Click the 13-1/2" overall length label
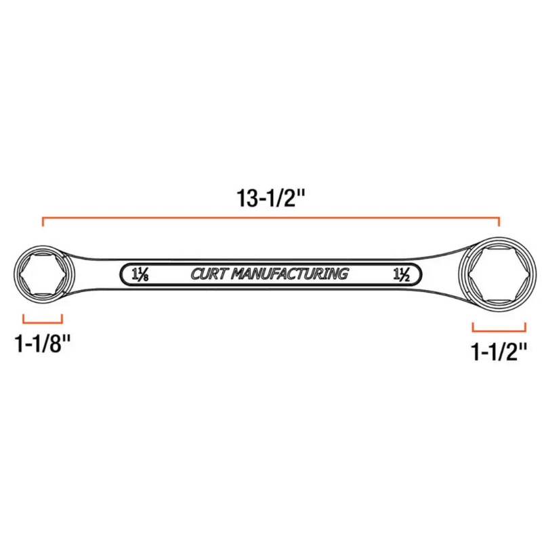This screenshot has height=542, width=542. pyautogui.click(x=271, y=199)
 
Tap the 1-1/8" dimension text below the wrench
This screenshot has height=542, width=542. pyautogui.click(x=43, y=344)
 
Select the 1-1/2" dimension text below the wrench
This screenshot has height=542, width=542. pyautogui.click(x=499, y=352)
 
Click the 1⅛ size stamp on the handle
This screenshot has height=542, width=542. pyautogui.click(x=140, y=275)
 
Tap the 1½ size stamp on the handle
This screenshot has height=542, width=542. pyautogui.click(x=400, y=275)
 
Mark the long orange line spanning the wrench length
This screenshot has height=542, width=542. pyautogui.click(x=271, y=218)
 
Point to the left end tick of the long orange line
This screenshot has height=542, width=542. pyautogui.click(x=43, y=222)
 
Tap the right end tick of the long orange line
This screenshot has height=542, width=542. pyautogui.click(x=499, y=222)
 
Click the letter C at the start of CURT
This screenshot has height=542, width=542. pyautogui.click(x=195, y=274)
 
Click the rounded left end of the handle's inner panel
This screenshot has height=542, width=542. pyautogui.click(x=124, y=275)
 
